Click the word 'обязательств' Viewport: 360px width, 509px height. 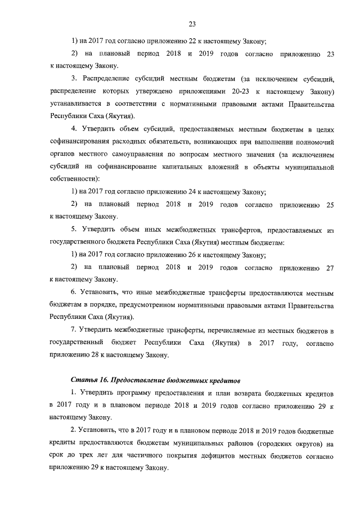pyautogui.click(x=170, y=141)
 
